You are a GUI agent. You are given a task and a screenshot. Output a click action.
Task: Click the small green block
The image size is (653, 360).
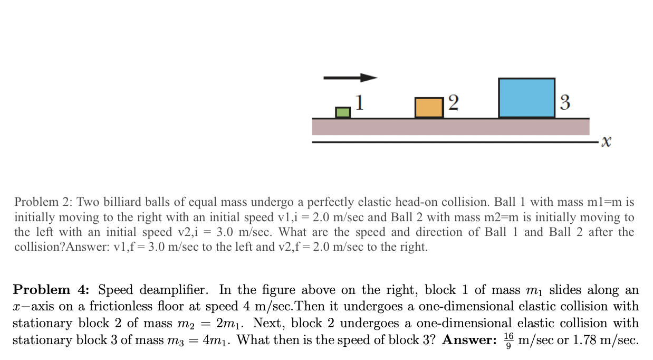(343, 112)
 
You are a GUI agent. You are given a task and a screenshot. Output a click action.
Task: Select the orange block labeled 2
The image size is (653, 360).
(429, 108)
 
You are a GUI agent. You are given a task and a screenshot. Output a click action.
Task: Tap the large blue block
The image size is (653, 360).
(526, 98)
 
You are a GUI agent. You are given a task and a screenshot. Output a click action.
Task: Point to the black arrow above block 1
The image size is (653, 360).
(350, 78)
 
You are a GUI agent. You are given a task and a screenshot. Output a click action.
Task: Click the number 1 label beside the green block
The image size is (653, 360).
(359, 102)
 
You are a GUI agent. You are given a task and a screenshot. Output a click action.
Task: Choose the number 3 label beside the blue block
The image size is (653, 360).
(565, 102)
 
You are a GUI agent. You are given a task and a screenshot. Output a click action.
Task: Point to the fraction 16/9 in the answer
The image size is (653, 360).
(508, 339)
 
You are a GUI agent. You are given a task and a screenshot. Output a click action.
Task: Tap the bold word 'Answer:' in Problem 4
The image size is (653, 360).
(469, 339)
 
